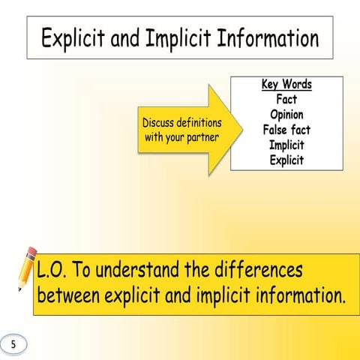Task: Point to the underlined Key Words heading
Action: tap(286, 84)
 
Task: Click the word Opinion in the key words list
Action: tap(286, 115)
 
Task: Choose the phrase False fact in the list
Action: tap(286, 130)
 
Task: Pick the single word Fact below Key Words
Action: tap(286, 99)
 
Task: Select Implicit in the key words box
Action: tap(286, 145)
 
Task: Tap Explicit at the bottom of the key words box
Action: tap(286, 160)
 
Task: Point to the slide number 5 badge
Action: tap(13, 343)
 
